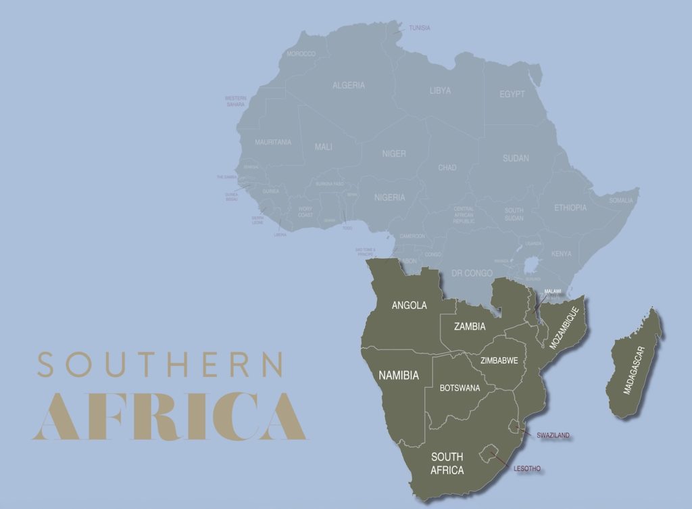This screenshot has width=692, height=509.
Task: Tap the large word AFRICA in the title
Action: [169, 416]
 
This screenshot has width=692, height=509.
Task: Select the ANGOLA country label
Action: [409, 306]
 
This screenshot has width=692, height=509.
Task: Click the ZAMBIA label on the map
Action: [470, 326]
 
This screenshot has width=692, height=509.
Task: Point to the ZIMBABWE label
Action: [499, 360]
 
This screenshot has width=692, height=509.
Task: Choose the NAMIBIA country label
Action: [398, 375]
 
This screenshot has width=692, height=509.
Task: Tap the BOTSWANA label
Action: [460, 388]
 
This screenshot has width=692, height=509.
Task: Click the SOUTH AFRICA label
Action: [447, 464]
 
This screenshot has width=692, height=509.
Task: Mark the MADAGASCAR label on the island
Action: [635, 370]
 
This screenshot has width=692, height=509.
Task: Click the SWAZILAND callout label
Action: [553, 436]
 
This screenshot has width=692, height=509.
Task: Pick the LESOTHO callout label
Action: [526, 468]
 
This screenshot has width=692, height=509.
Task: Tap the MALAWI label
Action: [553, 291]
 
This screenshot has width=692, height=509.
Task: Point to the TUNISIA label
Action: [419, 28]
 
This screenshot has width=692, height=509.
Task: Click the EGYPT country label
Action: [512, 94]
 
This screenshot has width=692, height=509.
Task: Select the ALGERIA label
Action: [348, 85]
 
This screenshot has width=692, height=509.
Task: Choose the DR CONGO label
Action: [472, 273]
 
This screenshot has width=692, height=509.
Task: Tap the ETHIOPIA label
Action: [570, 208]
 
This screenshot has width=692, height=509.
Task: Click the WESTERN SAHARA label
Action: [236, 101]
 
